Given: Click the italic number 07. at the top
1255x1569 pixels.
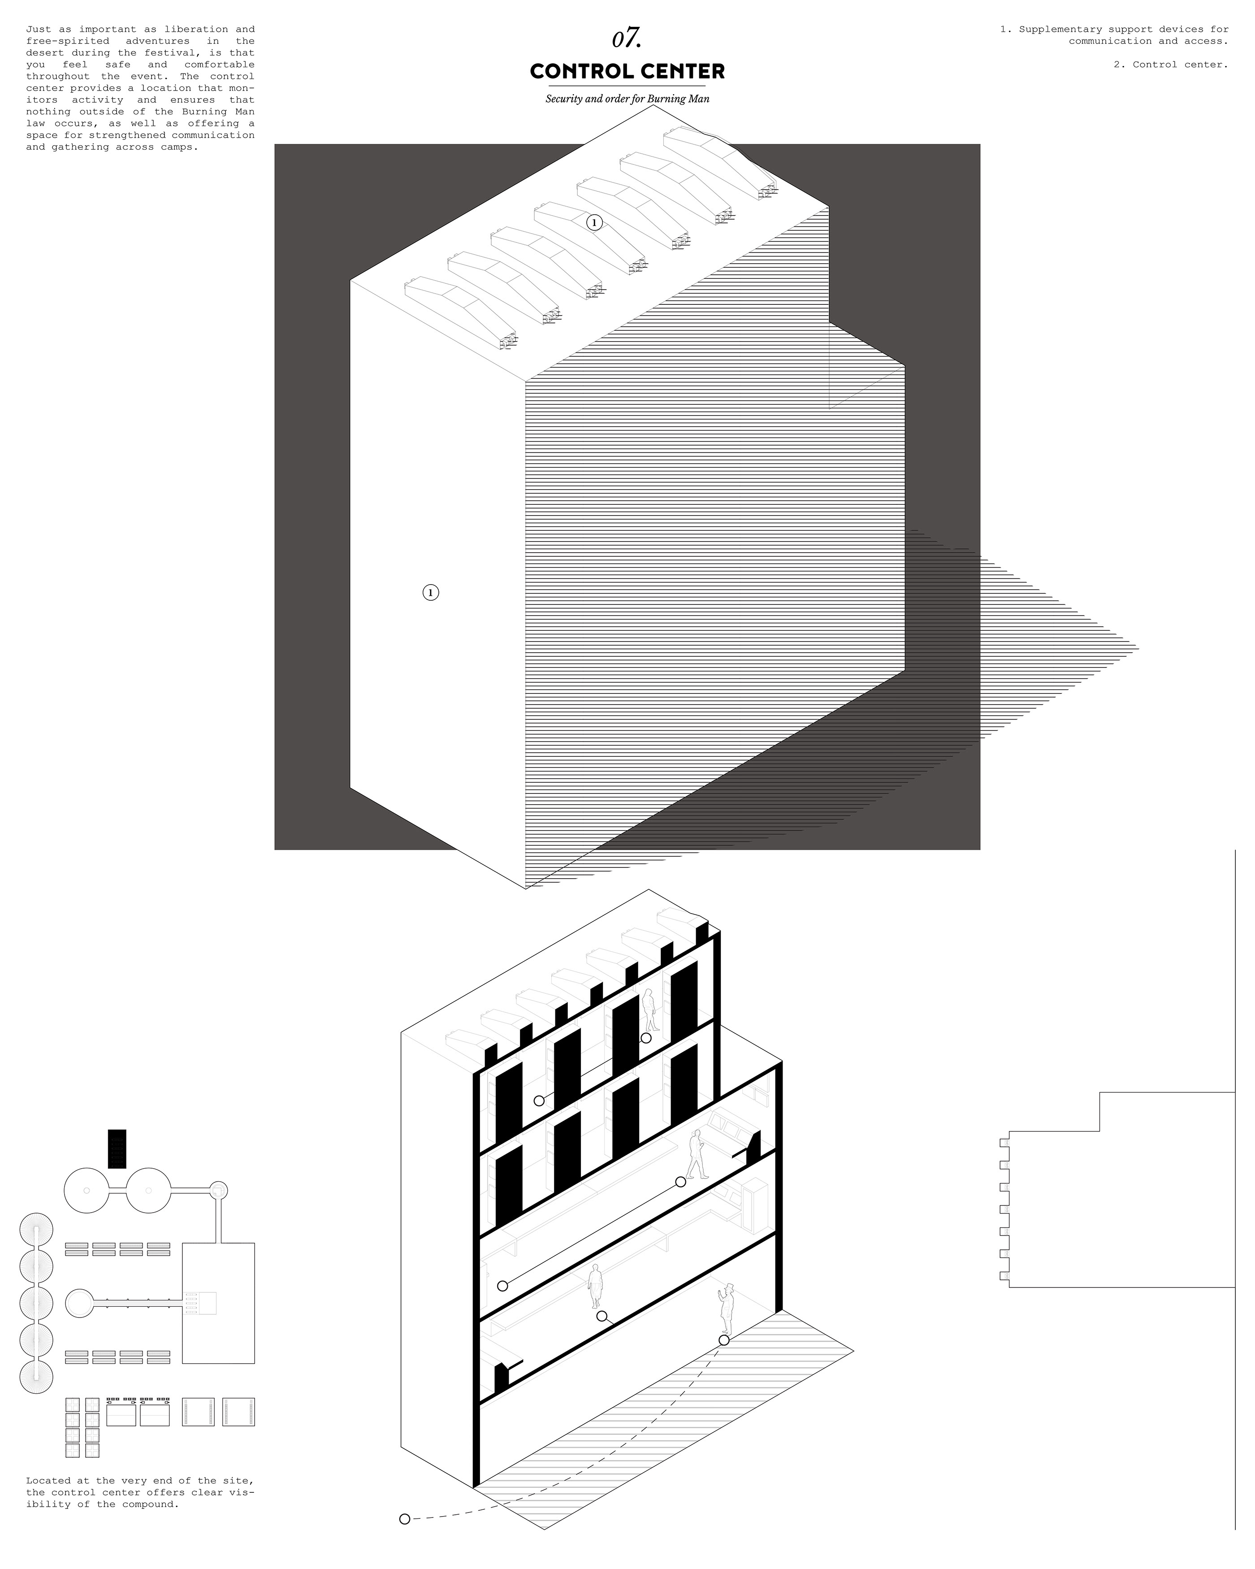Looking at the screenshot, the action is [627, 39].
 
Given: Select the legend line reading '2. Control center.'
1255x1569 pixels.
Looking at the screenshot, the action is [1171, 65].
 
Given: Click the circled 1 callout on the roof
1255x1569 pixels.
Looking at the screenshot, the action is [594, 223].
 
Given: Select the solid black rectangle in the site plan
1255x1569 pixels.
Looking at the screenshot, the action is [117, 1149].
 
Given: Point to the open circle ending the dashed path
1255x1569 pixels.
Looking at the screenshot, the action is [404, 1513].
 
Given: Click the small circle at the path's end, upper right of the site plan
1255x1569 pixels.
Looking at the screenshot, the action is [218, 1190].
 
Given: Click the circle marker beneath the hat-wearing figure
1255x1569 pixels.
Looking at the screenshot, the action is [724, 1340].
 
